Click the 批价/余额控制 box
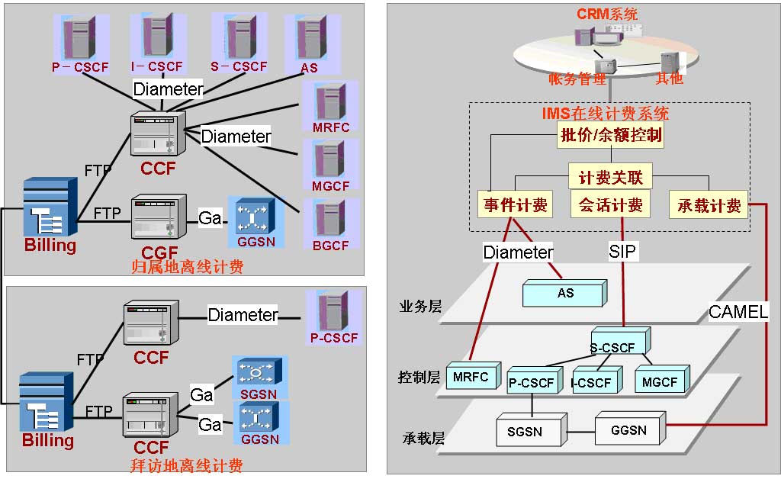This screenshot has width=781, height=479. point(611,137)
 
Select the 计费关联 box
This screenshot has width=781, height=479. point(610,178)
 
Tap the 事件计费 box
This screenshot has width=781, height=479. point(516,204)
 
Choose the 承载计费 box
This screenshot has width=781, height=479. point(709,204)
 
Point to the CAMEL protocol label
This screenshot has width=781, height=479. point(738,311)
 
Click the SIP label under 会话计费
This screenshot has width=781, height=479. point(623,251)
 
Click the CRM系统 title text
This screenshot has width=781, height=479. point(607,13)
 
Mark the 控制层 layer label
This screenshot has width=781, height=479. point(419,377)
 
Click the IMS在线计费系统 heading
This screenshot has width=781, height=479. point(606,114)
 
